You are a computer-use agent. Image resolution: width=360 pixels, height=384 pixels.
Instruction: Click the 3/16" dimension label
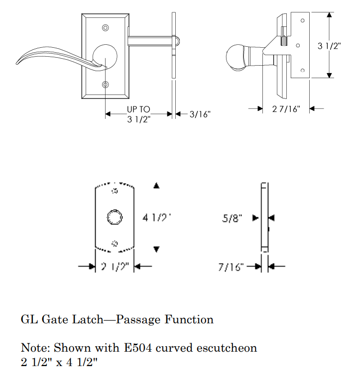click(200, 114)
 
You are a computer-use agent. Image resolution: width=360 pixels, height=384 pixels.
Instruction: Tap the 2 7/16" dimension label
click(286, 109)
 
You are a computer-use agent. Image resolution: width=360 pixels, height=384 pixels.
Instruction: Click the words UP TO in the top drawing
click(138, 109)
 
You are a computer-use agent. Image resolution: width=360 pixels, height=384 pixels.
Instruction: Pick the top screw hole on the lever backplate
click(105, 27)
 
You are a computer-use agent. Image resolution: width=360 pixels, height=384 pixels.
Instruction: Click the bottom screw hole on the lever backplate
click(105, 85)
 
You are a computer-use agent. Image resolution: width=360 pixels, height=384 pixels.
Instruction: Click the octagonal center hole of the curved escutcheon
click(115, 217)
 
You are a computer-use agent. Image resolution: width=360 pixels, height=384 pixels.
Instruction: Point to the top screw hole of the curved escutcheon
click(115, 192)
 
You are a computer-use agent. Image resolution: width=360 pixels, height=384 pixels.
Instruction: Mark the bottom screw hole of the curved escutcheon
click(115, 243)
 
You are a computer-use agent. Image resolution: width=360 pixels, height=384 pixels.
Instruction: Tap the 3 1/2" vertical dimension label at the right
click(329, 46)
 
